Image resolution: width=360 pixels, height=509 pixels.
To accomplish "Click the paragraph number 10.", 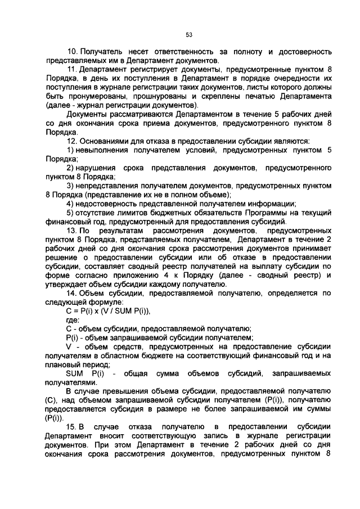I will (x=72, y=52).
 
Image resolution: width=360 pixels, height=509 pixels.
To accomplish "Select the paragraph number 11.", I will (x=72, y=70).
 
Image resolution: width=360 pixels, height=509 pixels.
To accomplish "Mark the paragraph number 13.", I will (x=72, y=231).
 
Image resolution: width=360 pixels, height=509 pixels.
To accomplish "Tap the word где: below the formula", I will (x=73, y=320).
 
